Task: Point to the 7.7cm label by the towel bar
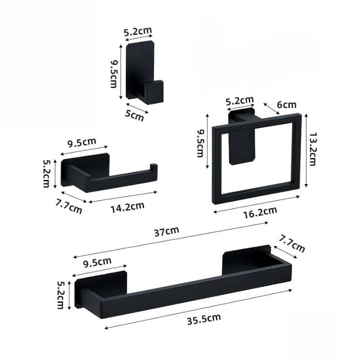[292, 243]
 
